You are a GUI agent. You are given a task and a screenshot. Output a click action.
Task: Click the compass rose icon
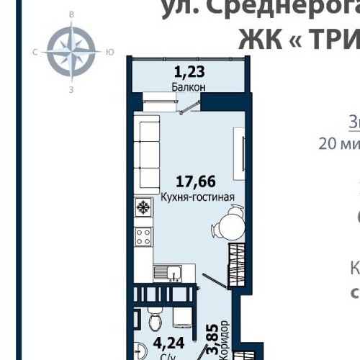[71, 51]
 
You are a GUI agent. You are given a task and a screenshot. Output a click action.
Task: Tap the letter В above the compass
[71, 14]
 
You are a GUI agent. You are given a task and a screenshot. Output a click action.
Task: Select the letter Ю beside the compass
[109, 51]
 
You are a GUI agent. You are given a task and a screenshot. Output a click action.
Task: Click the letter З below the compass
[71, 89]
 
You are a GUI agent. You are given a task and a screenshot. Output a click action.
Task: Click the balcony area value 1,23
[189, 71]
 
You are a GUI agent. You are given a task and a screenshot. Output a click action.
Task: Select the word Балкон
[189, 87]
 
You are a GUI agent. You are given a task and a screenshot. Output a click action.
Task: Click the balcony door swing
[189, 106]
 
